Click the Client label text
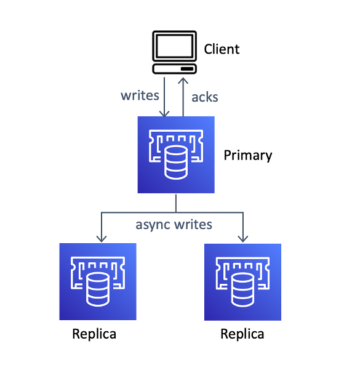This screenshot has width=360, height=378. [x=222, y=49]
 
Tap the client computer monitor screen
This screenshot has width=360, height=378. [x=174, y=46]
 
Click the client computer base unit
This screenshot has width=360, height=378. [x=174, y=69]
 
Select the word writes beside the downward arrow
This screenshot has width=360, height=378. [x=140, y=95]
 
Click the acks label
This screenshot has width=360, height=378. [x=205, y=97]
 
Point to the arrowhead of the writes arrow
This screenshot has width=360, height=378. [x=164, y=114]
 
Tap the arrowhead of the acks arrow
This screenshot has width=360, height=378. [x=183, y=81]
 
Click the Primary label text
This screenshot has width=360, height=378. [x=248, y=156]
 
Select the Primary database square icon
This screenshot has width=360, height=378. [x=176, y=155]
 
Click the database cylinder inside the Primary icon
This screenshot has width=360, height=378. [x=176, y=163]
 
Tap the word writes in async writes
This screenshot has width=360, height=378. [x=193, y=225]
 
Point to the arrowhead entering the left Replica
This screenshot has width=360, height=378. [x=102, y=239]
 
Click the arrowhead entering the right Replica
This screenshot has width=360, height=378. [x=243, y=239]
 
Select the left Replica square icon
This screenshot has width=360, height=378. [x=98, y=281]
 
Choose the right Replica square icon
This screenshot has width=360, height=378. [x=242, y=282]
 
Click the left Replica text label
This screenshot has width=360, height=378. [x=94, y=334]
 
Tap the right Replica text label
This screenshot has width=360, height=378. [x=242, y=334]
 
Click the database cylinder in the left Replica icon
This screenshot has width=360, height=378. [x=98, y=289]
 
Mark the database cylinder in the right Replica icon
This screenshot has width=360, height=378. [x=243, y=290]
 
